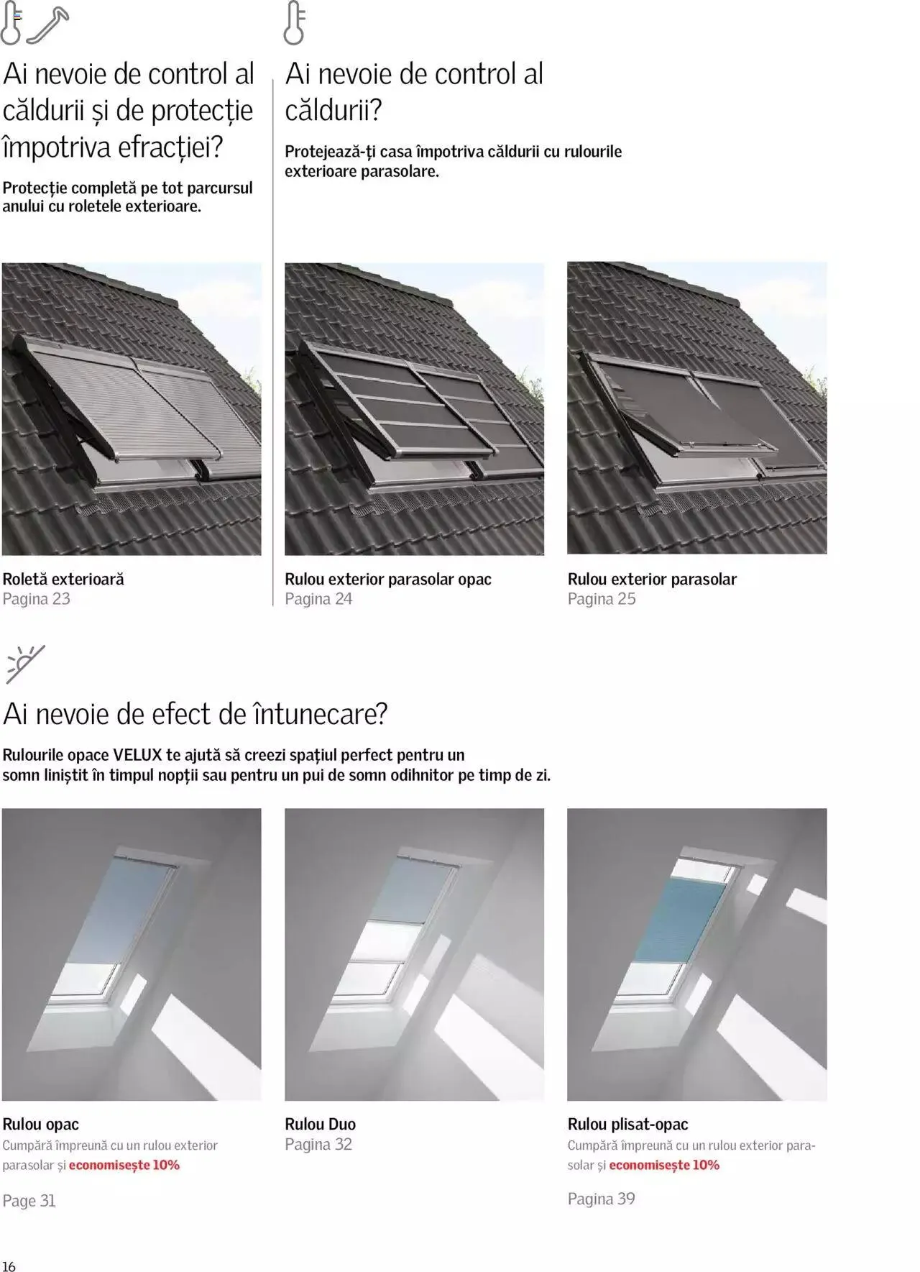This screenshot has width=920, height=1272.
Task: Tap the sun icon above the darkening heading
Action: click(x=25, y=663)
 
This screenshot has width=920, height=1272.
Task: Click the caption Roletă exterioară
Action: click(x=63, y=579)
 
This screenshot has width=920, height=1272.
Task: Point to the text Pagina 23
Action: click(x=36, y=599)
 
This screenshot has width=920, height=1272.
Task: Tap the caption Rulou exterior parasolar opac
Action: click(x=387, y=579)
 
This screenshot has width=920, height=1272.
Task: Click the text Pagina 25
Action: click(x=601, y=599)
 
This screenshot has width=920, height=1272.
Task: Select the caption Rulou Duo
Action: click(x=320, y=1124)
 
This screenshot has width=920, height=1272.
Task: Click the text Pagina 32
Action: click(x=318, y=1144)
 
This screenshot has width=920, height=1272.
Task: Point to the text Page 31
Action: click(x=29, y=1200)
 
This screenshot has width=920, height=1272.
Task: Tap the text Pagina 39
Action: click(x=601, y=1199)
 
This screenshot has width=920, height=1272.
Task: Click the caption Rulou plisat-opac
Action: click(x=627, y=1124)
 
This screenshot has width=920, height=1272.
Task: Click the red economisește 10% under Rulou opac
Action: click(x=124, y=1165)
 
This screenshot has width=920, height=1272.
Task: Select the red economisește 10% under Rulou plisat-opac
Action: click(x=664, y=1165)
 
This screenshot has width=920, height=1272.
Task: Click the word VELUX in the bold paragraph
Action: click(x=137, y=755)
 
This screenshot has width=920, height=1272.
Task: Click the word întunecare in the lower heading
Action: click(x=315, y=714)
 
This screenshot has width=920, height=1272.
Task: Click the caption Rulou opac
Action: click(x=40, y=1124)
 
